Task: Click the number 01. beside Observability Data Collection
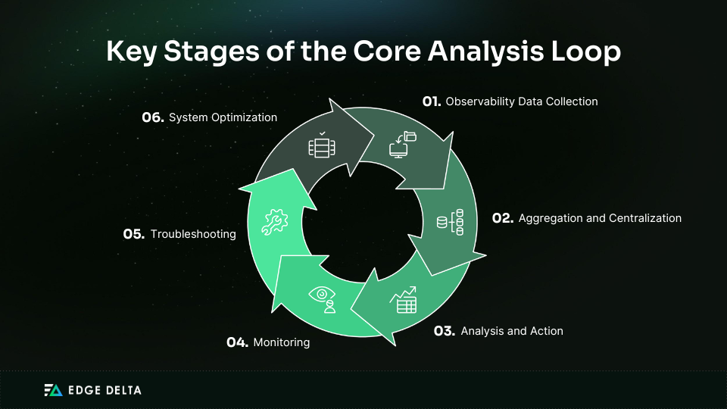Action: [432, 101]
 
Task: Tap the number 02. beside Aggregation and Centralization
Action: [503, 218]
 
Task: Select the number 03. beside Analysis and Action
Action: [444, 331]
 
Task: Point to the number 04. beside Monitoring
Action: [237, 342]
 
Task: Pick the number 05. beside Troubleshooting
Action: [134, 234]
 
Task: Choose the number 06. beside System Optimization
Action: [153, 117]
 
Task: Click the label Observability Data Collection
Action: [522, 101]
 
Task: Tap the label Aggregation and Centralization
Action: [600, 218]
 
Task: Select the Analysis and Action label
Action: [512, 331]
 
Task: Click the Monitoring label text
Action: [282, 342]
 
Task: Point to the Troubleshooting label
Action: [193, 234]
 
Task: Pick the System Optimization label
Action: [223, 117]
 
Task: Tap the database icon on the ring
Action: [451, 223]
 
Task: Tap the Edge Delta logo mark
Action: [53, 391]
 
